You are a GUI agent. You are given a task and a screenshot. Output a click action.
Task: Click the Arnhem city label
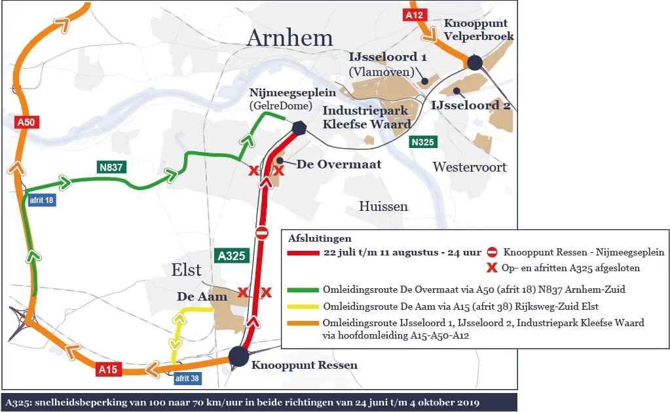(289, 38)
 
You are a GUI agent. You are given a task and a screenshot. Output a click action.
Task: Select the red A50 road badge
(26, 122)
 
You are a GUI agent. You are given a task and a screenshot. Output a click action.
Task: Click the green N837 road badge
(112, 167)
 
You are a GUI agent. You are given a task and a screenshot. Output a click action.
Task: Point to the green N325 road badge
(424, 141)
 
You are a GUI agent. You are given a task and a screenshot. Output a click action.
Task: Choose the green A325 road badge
(232, 256)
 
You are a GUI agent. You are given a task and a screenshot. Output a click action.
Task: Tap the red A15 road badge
(108, 369)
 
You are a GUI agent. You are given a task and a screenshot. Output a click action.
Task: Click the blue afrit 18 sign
(41, 200)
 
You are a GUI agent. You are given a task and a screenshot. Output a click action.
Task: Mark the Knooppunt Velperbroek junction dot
(475, 63)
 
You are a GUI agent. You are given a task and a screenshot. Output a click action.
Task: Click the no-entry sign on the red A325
(262, 233)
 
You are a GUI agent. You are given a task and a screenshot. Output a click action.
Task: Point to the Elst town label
(186, 270)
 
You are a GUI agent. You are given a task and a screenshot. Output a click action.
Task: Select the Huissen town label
(383, 206)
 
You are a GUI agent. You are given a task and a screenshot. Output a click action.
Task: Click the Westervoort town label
(470, 167)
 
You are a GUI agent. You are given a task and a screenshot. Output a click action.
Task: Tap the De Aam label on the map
(202, 297)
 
